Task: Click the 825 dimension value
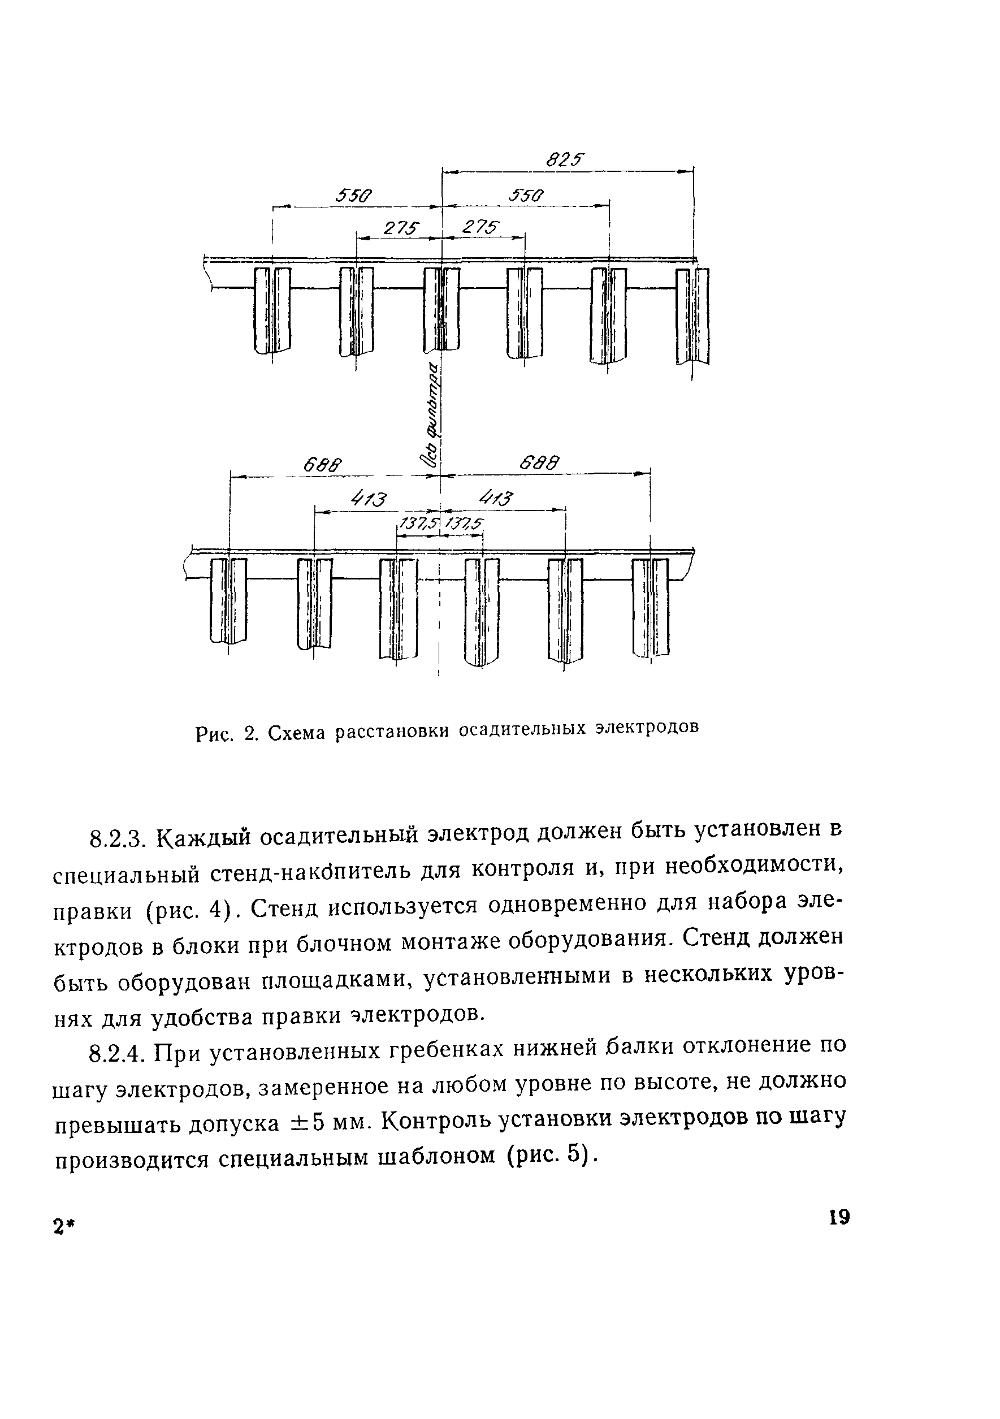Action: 565,161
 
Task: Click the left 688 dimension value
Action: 322,464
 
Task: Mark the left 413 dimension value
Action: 369,499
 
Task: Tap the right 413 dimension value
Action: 497,497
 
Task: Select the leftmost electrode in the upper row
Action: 272,310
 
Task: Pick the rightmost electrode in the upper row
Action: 692,316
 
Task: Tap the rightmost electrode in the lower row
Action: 651,606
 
